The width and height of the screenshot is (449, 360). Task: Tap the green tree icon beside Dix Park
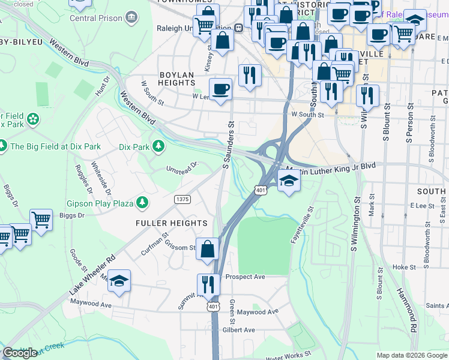158,146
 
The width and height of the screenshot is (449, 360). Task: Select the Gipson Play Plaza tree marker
142,203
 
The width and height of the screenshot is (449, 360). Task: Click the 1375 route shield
182,199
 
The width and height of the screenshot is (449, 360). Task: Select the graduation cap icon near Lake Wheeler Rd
119,281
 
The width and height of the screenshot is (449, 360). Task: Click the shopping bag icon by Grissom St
208,248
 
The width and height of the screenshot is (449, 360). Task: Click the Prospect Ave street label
246,277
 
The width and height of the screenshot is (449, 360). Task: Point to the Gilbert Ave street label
239,330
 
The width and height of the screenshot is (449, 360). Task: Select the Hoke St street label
404,267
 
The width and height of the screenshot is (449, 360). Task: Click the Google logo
20,353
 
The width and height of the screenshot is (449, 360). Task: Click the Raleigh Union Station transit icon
238,28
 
